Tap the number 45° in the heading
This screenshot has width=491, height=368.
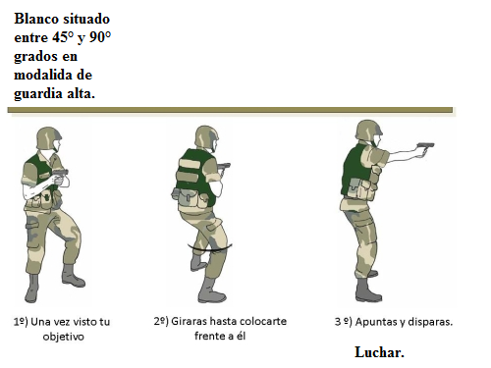point(63,37)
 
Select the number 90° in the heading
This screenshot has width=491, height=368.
point(100,37)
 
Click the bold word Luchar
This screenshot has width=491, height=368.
point(379,352)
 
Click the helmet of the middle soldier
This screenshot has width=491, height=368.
point(206,136)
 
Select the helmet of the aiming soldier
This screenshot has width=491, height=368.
point(368,131)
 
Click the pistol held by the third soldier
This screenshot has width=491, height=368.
point(425,147)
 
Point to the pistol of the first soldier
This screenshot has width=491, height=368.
point(61,174)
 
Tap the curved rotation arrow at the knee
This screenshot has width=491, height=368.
point(210,249)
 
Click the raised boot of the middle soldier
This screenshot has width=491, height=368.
point(197,263)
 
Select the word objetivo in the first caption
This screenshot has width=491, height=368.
point(64,337)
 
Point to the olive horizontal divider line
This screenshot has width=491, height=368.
point(230,110)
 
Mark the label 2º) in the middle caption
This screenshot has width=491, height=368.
point(161,321)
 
